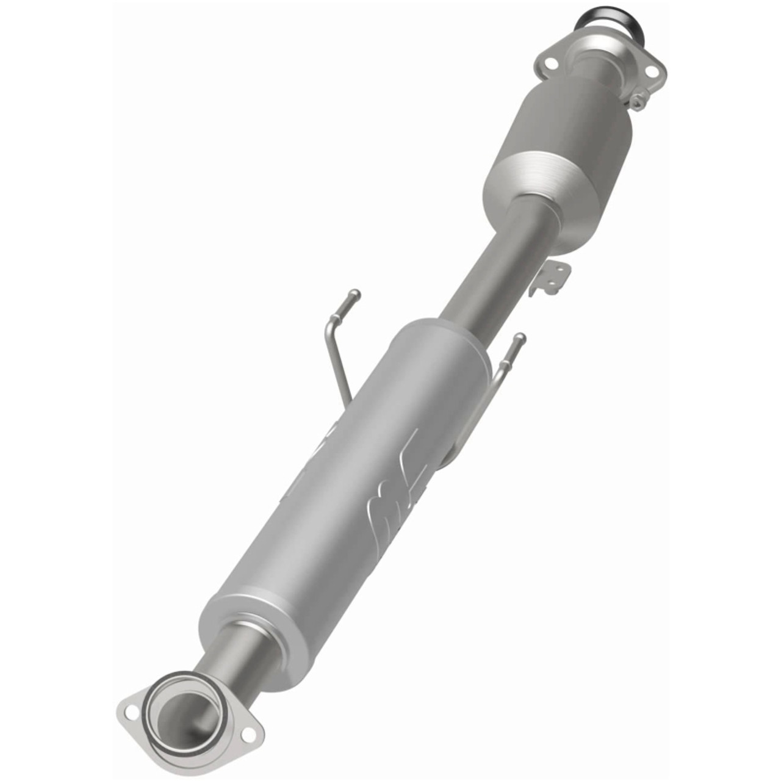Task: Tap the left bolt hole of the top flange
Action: pos(548,63)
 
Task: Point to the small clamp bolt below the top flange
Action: pos(638,103)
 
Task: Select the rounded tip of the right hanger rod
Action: pos(519,337)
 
